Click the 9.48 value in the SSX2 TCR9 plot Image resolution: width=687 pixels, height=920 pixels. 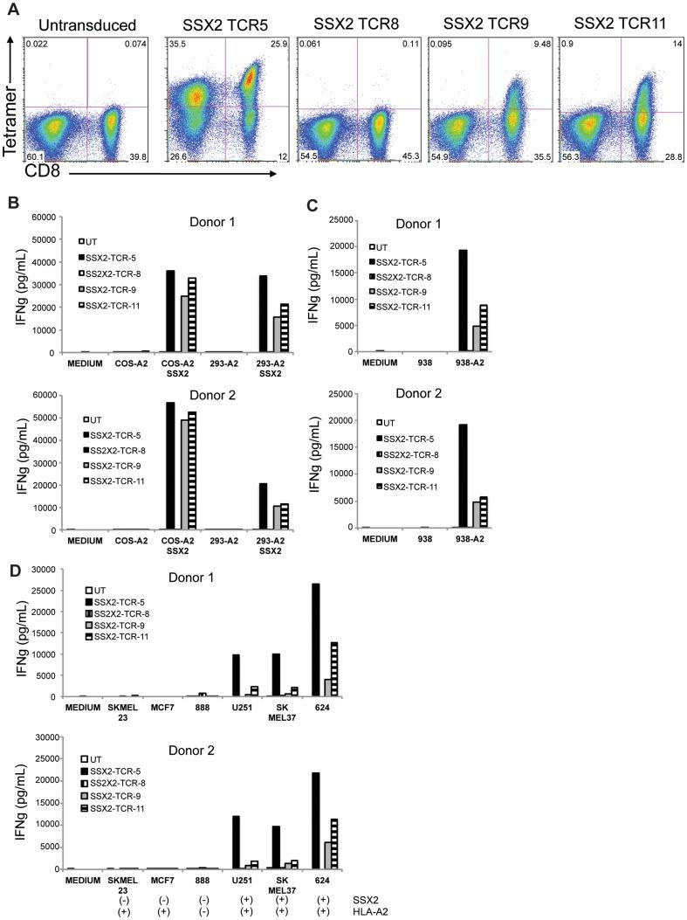tap(541, 43)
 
